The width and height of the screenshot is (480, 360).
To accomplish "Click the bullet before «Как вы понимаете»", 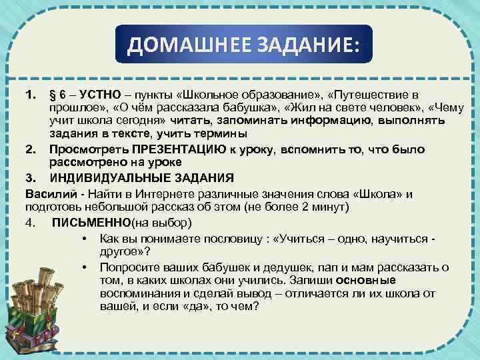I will click(x=84, y=238).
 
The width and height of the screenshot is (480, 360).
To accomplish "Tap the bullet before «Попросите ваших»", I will click(x=84, y=267).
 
